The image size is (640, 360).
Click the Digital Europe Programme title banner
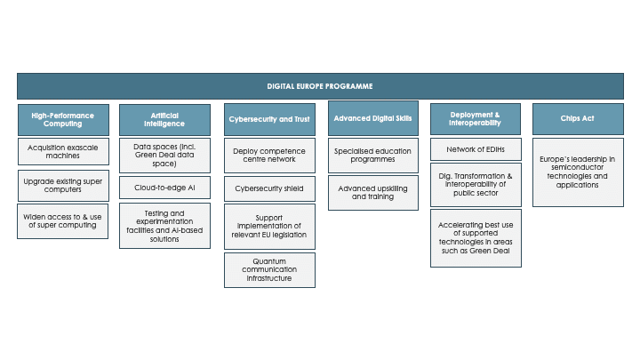point(320,86)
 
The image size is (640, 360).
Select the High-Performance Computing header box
point(63,120)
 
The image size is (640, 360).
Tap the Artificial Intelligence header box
point(164,120)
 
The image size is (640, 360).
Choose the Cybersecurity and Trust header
point(269,119)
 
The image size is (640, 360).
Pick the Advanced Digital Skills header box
point(373,118)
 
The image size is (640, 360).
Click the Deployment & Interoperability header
point(476,119)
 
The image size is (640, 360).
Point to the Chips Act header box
point(578,119)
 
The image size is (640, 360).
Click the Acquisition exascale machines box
point(63,151)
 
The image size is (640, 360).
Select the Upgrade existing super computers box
point(63,186)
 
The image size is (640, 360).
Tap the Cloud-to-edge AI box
point(164,188)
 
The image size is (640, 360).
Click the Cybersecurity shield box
point(269,188)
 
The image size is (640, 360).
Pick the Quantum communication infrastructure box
point(269,270)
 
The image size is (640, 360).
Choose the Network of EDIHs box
point(476,149)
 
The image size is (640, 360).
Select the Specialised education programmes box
point(373,155)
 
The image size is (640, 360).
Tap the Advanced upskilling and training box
point(373,193)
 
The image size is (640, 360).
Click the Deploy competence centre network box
point(269,155)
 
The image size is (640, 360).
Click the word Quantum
point(269,261)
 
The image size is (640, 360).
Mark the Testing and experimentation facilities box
point(164,226)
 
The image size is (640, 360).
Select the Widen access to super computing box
point(62,221)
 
